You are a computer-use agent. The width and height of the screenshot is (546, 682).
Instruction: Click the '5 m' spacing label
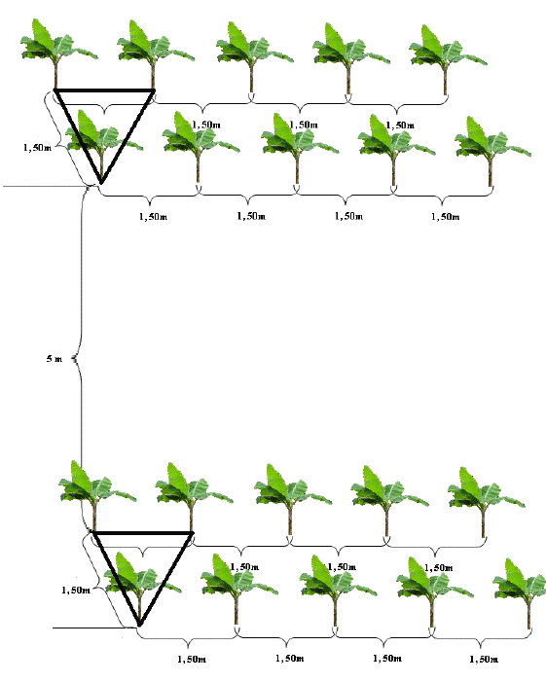click(55, 359)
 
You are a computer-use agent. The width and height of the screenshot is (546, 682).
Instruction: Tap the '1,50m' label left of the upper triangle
click(37, 148)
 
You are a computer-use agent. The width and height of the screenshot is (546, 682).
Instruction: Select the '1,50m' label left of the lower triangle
click(76, 590)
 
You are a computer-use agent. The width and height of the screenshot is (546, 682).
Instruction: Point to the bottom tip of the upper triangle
click(101, 183)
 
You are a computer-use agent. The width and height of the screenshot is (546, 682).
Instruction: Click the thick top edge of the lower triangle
click(143, 532)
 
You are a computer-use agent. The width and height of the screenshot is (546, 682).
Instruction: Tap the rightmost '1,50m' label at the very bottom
click(484, 660)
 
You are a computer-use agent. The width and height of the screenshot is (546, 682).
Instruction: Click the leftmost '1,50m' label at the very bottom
click(192, 660)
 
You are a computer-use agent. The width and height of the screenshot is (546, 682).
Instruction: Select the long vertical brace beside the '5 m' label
click(81, 359)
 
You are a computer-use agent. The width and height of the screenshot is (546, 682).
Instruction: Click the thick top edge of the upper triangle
click(104, 90)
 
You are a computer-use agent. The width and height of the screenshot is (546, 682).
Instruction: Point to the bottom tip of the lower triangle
click(139, 626)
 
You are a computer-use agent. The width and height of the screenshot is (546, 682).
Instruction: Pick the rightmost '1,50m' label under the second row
click(445, 217)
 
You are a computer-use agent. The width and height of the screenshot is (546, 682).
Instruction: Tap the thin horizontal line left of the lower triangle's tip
click(91, 628)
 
